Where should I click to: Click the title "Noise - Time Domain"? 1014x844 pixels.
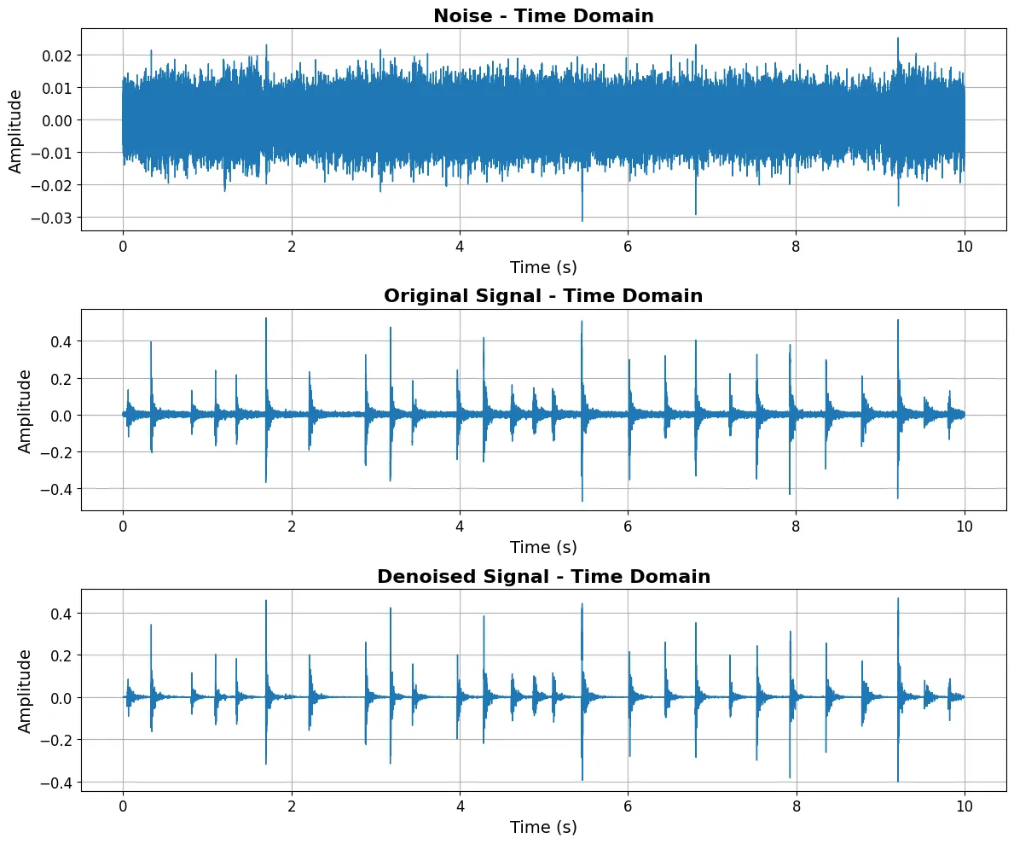coord(543,15)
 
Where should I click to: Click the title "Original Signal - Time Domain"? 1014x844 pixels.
coord(543,296)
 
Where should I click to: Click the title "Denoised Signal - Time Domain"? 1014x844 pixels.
coord(543,576)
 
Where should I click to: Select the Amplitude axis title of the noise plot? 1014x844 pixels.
coord(15,130)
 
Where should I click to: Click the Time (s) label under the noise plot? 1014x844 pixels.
coord(543,267)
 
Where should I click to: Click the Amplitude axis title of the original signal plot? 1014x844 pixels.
coord(25,410)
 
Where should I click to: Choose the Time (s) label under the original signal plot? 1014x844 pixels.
coord(543,547)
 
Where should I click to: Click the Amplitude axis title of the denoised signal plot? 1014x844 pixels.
coord(25,690)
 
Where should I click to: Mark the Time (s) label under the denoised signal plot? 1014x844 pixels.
coord(543,827)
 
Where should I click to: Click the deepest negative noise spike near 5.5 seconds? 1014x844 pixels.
coord(582,219)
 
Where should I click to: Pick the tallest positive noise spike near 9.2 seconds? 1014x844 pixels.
coord(898,39)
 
